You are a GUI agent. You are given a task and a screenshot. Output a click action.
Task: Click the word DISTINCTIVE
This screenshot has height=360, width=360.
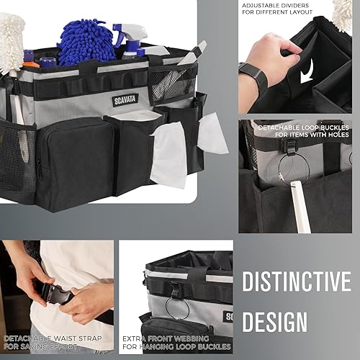(x=295, y=282)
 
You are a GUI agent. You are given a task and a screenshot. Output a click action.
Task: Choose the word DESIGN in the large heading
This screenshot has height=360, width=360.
(x=274, y=322)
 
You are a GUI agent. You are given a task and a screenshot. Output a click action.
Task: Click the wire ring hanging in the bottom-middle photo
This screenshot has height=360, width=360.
(x=177, y=306)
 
